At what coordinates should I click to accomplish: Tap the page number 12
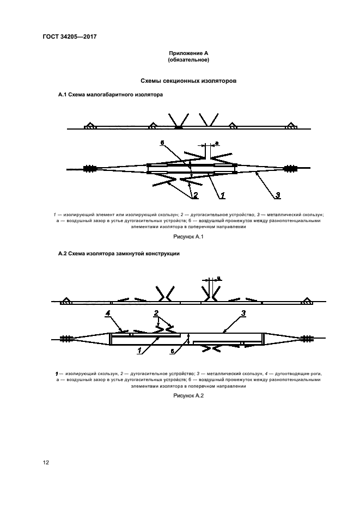coord(46,463)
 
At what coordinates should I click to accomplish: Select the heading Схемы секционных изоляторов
coord(188,81)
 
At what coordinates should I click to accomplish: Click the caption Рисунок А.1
coord(188,237)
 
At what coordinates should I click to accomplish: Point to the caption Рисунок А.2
coord(188,396)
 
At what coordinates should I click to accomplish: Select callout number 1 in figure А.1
coord(223,194)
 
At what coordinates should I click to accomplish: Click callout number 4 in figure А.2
coord(108,313)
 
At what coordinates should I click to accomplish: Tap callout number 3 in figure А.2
coord(243,312)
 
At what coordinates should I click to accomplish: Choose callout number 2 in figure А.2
coord(156,313)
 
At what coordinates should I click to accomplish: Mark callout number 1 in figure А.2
coord(140,352)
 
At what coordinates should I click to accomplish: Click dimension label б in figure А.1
coord(162,143)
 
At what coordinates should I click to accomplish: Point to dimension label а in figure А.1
coord(217,143)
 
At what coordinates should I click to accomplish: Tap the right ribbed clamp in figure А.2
coord(308,339)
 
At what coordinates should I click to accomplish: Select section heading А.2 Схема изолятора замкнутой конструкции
coord(119,254)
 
